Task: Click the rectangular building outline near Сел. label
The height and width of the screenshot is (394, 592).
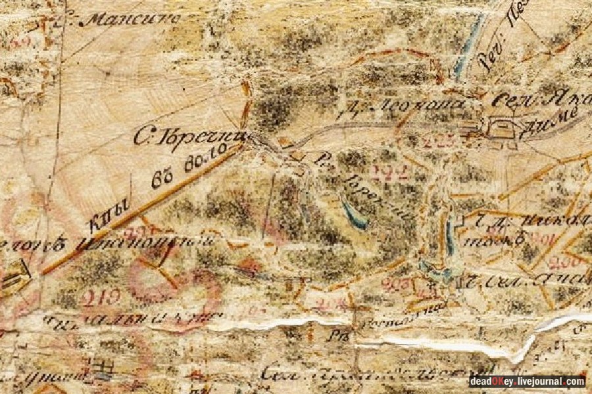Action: tap(501, 127)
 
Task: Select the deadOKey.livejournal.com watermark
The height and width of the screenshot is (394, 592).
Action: tap(527, 382)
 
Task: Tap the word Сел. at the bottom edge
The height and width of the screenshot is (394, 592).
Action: tap(276, 376)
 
